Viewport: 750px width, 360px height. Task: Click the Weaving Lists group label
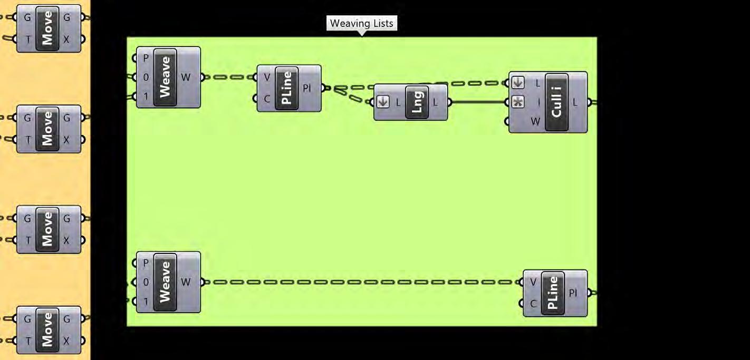pyautogui.click(x=361, y=24)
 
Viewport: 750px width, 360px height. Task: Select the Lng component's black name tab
pyautogui.click(x=417, y=102)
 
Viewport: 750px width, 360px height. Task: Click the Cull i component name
pyautogui.click(x=556, y=102)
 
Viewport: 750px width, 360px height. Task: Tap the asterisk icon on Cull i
pyautogui.click(x=518, y=102)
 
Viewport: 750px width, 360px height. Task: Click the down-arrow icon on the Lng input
pyautogui.click(x=383, y=102)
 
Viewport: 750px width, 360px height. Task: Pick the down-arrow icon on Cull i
pyautogui.click(x=518, y=83)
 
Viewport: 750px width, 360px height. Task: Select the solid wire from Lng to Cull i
pyautogui.click(x=477, y=102)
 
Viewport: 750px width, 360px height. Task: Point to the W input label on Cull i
pyautogui.click(x=535, y=122)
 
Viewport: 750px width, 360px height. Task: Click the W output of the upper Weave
pyautogui.click(x=186, y=77)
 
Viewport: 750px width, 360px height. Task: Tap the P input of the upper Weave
pyautogui.click(x=146, y=58)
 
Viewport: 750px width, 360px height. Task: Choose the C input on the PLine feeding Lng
pyautogui.click(x=267, y=99)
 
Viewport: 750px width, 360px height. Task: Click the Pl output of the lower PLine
pyautogui.click(x=574, y=293)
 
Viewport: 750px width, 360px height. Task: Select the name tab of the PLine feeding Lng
pyautogui.click(x=286, y=88)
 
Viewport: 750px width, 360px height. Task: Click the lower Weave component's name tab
pyautogui.click(x=165, y=282)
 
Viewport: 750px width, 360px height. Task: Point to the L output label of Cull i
pyautogui.click(x=575, y=102)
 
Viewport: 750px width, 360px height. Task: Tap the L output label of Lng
pyautogui.click(x=435, y=102)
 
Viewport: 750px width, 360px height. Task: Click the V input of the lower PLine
pyautogui.click(x=533, y=282)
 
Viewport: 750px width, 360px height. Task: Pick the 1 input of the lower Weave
pyautogui.click(x=146, y=301)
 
